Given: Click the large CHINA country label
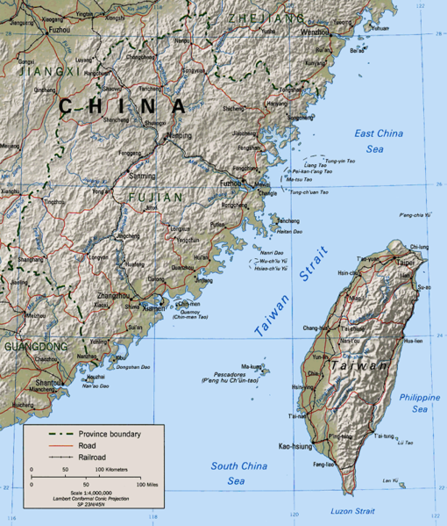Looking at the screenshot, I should [x=123, y=106].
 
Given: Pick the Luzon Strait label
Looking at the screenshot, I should [x=353, y=511].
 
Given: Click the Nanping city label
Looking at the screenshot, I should [x=179, y=136].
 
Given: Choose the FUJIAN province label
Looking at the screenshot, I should [x=155, y=197].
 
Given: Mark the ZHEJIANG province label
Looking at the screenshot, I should [x=266, y=18].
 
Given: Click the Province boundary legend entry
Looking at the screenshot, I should [x=110, y=434].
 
